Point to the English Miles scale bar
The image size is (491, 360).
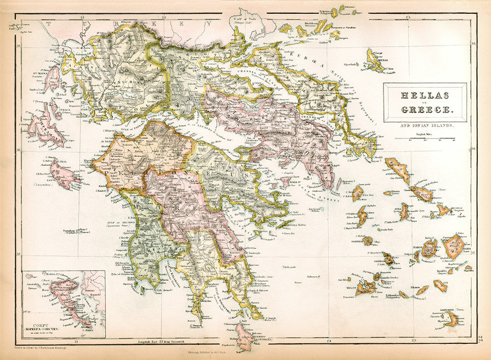[x=425, y=139]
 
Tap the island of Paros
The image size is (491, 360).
[x=429, y=249]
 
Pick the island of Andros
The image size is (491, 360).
[x=398, y=169]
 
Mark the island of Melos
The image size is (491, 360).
[x=365, y=287]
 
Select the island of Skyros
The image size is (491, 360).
[x=376, y=61]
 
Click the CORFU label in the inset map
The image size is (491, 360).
[x=38, y=323]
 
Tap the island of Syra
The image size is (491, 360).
[x=405, y=212]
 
